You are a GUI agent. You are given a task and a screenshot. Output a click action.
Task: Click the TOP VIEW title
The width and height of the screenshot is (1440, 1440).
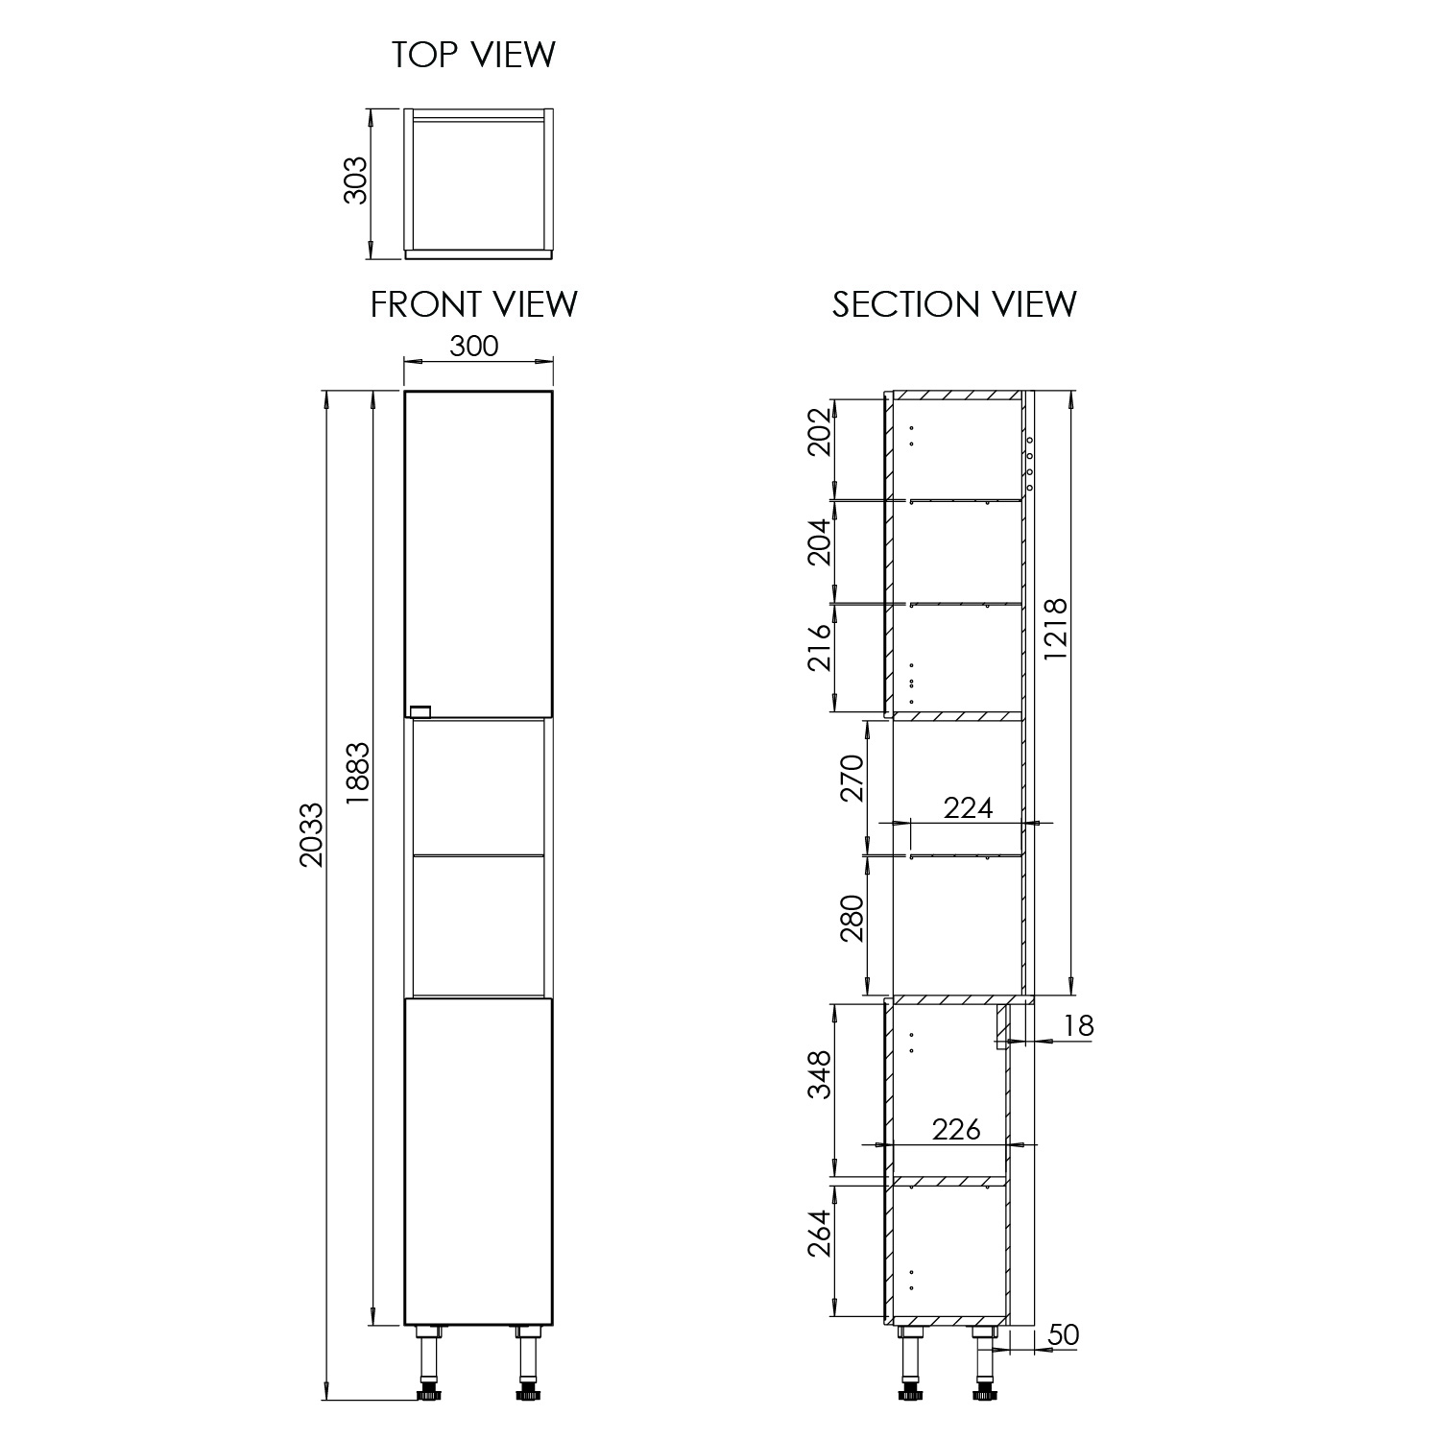click(473, 55)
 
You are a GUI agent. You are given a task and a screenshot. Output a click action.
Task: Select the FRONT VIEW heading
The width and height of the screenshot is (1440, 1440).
click(474, 304)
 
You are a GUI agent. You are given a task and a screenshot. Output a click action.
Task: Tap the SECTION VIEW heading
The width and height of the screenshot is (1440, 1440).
click(954, 304)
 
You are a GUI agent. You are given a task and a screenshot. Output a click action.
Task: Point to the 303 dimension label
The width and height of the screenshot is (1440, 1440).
click(355, 180)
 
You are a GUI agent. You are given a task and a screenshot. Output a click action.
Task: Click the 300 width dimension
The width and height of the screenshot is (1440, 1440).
click(474, 346)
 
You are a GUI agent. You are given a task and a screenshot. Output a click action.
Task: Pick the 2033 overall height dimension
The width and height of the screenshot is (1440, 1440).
click(311, 834)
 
